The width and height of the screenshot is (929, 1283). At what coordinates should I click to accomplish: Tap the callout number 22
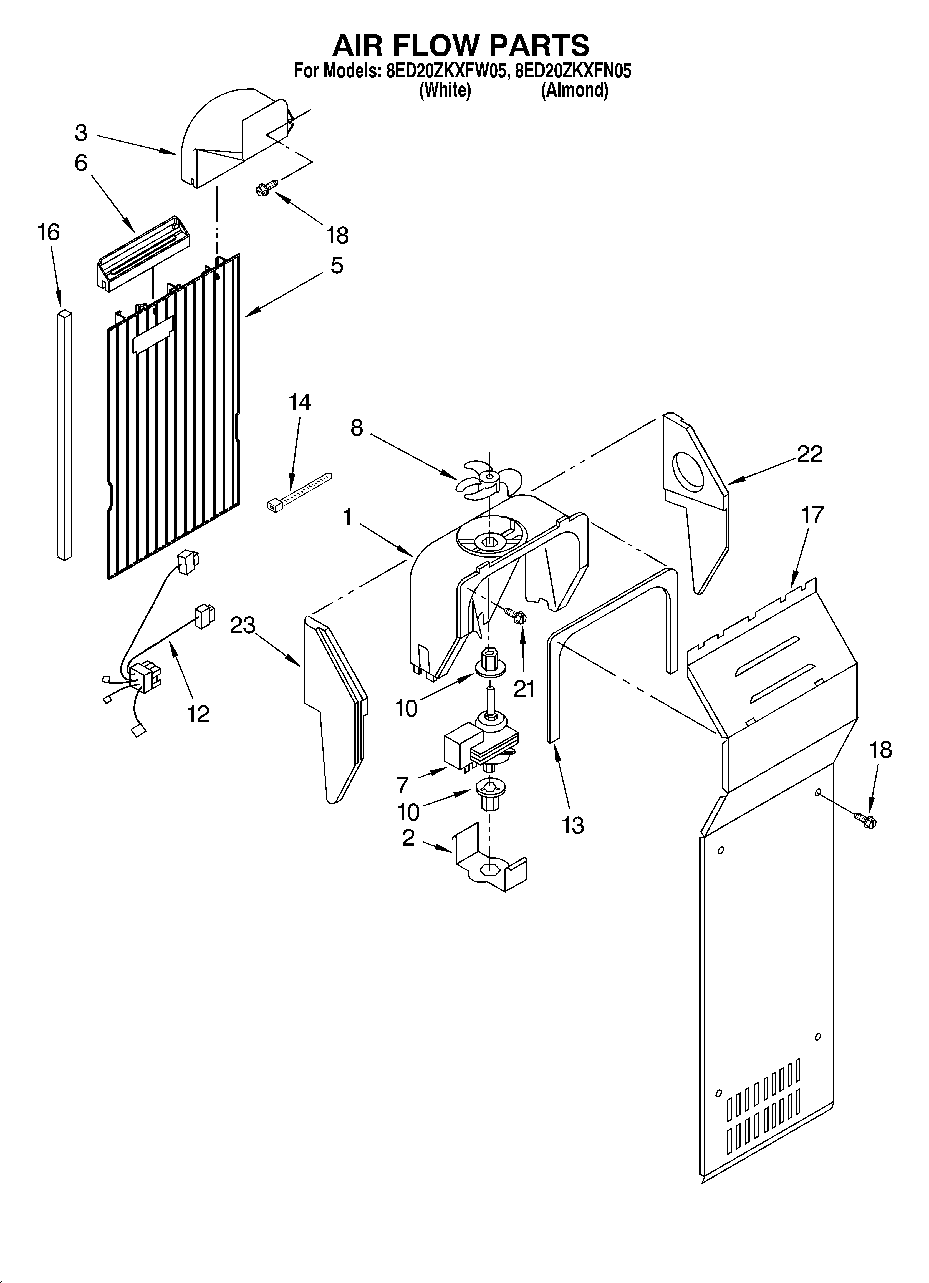pos(809,454)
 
